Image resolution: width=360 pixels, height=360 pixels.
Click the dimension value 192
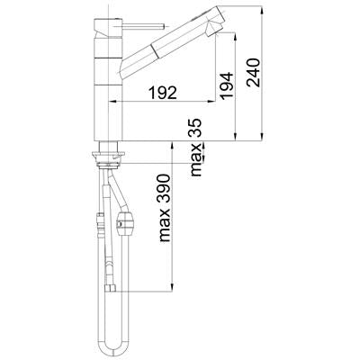pyautogui.click(x=163, y=93)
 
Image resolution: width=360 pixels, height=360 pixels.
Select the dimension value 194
pyautogui.click(x=227, y=85)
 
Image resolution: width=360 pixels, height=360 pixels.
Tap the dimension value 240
pyautogui.click(x=253, y=72)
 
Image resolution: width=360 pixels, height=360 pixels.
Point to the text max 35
pyautogui.click(x=196, y=147)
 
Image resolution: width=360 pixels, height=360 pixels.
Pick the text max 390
pyautogui.click(x=165, y=208)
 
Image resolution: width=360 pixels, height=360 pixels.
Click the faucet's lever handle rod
pyautogui.click(x=143, y=27)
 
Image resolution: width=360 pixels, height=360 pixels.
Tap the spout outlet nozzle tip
pyautogui.click(x=215, y=30)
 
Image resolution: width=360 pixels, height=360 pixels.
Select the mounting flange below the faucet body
pyautogui.click(x=108, y=154)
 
